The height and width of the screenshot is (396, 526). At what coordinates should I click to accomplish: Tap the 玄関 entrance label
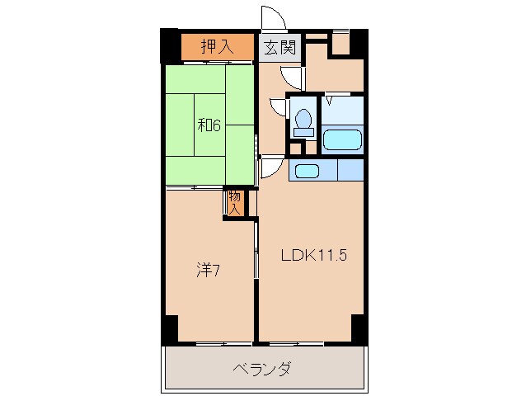279,47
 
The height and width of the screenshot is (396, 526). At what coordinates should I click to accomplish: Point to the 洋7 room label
208,269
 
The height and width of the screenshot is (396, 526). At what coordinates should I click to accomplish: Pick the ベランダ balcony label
261,369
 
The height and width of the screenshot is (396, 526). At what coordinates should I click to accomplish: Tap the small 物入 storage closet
235,202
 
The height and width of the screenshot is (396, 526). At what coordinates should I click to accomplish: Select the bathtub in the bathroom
342,138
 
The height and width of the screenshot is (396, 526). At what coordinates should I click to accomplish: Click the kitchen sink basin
306,171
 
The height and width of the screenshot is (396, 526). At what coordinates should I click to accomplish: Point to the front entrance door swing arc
272,18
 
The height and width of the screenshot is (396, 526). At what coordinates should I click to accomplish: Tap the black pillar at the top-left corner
169,45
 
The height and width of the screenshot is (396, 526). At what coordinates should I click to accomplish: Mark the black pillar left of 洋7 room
170,328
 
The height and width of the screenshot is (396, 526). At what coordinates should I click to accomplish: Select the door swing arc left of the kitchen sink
270,167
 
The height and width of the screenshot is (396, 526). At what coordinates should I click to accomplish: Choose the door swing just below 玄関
290,76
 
